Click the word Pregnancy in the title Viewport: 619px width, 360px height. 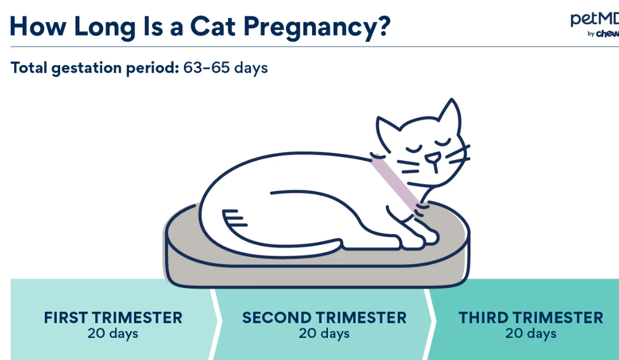tap(306, 27)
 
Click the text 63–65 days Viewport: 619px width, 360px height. tap(225, 68)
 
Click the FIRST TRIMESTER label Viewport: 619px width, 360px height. tap(113, 317)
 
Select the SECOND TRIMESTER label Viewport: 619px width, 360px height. tap(324, 317)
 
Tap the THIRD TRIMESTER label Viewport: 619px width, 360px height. tap(530, 317)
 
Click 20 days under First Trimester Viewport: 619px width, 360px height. tap(113, 333)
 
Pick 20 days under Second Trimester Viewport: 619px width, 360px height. tap(324, 333)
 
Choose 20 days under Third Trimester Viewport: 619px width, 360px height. tap(530, 333)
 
